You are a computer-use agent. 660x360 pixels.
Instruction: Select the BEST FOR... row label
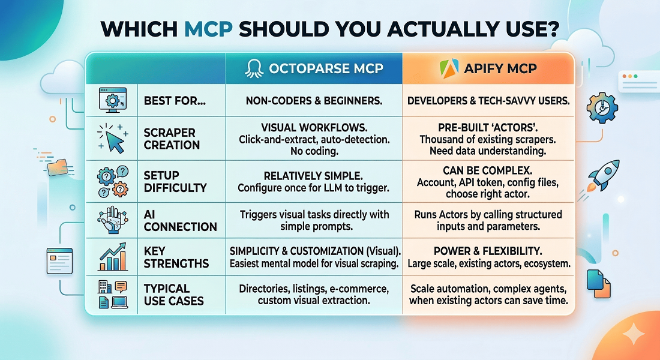tap(175, 101)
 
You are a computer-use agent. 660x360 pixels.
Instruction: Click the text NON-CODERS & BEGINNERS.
tap(314, 101)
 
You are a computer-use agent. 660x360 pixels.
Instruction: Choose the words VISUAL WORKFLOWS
tap(314, 128)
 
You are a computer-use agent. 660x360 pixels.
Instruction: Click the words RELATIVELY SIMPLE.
tap(314, 175)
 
